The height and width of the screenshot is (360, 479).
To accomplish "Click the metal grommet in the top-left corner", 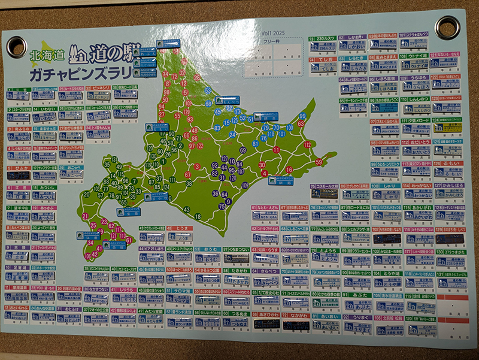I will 16,46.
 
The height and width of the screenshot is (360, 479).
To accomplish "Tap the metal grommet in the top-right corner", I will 445,27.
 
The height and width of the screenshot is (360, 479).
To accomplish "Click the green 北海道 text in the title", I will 44,55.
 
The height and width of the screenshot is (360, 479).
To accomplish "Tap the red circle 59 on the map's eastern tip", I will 319,162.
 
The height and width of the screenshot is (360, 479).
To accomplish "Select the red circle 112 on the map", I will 307,145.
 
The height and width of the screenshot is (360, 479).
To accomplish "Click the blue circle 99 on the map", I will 303,116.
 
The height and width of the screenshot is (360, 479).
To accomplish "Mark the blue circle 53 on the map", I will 208,90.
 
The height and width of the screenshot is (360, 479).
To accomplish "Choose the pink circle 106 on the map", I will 87,256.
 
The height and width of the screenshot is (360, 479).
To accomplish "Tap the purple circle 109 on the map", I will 244,184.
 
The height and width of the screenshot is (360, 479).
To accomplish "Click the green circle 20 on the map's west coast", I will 87,193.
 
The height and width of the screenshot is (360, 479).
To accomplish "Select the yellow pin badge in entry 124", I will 454,127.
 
